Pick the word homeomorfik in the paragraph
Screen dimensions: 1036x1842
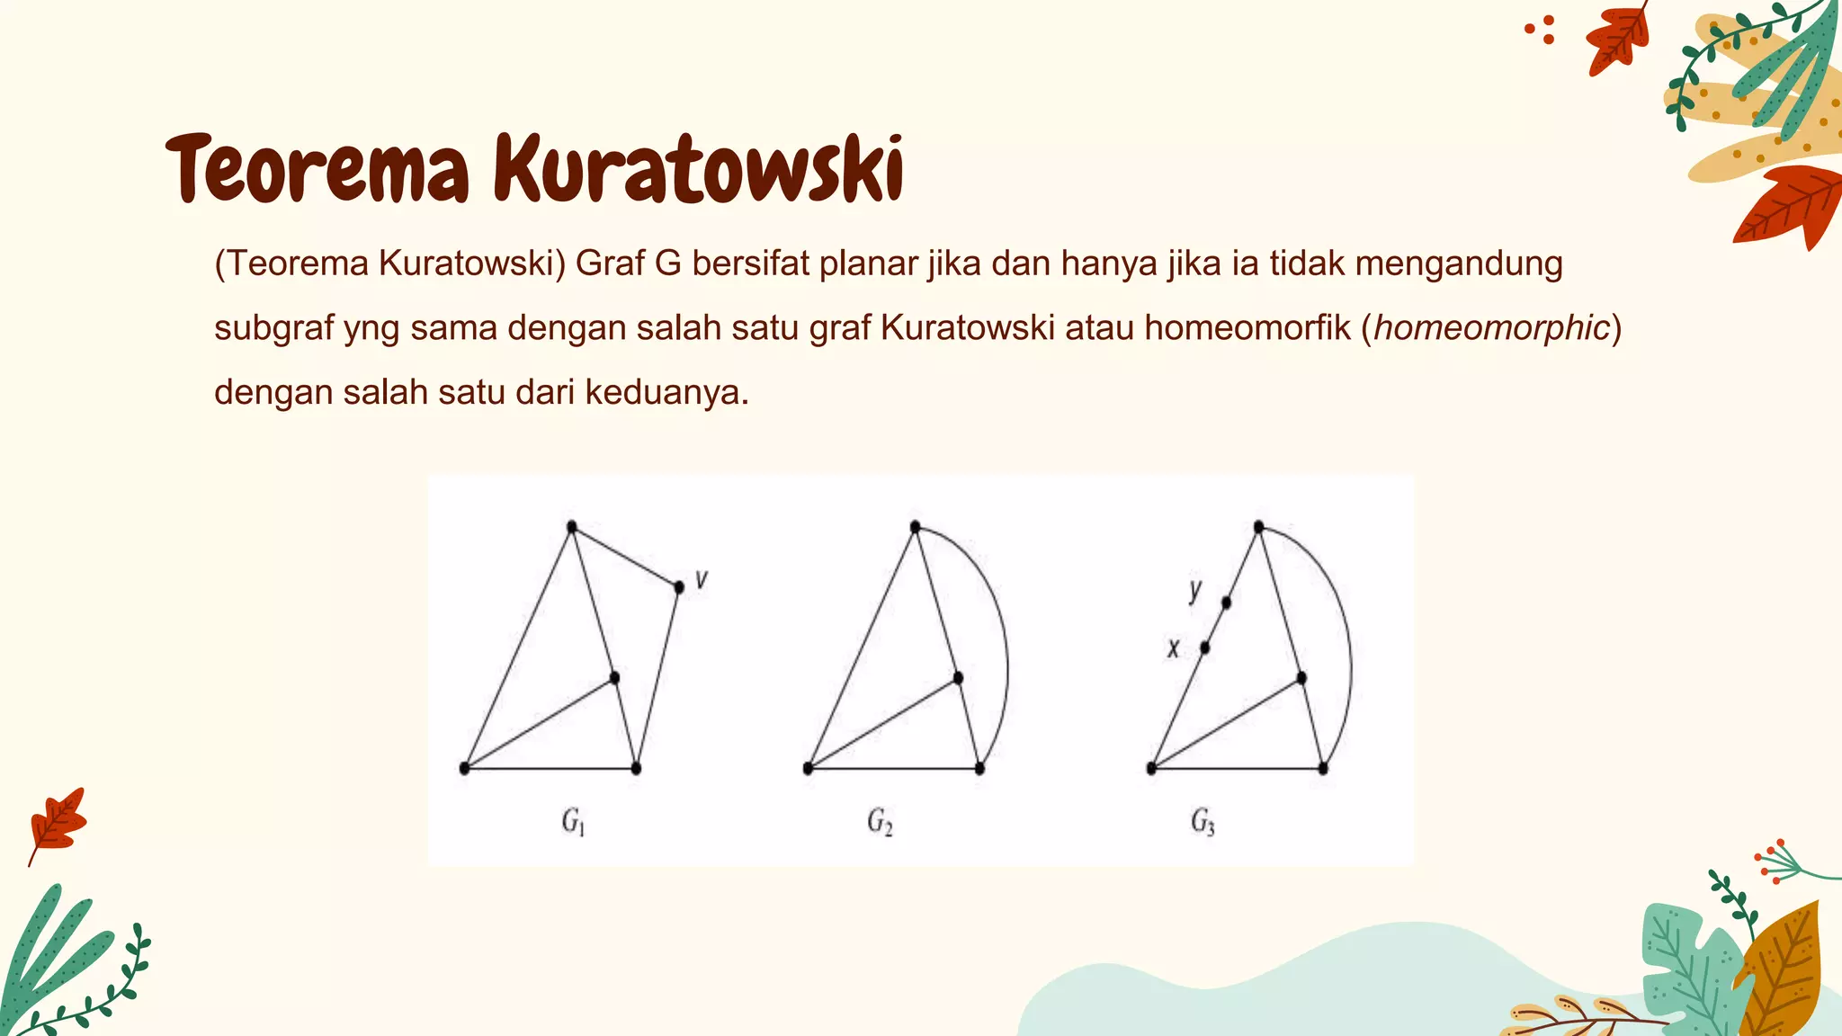(x=1247, y=328)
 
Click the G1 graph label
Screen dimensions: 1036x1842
(x=573, y=822)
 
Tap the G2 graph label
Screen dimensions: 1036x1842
(x=880, y=822)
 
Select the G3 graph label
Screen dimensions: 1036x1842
(x=1203, y=822)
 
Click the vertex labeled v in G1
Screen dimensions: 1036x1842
(x=679, y=587)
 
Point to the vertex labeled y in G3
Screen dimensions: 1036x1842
(x=1226, y=603)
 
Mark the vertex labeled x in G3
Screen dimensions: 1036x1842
(x=1205, y=647)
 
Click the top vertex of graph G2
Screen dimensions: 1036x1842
(x=915, y=527)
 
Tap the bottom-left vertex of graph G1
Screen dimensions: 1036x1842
(x=464, y=768)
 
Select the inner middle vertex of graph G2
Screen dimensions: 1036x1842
(x=958, y=677)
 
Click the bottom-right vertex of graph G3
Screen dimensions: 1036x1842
(x=1323, y=768)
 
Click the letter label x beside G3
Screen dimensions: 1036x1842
(x=1173, y=648)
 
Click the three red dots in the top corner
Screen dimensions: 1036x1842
(x=1541, y=30)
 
